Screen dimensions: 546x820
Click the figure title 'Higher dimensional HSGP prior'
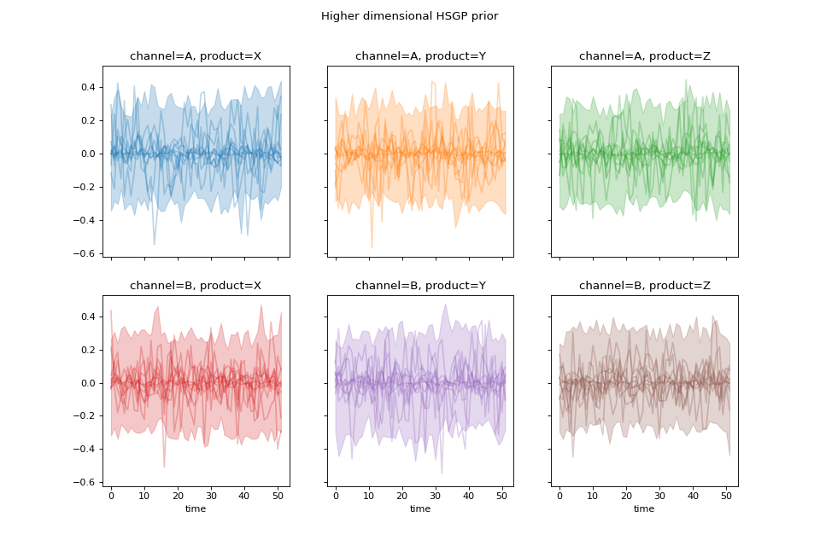409,16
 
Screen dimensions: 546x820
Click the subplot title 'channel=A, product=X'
196,57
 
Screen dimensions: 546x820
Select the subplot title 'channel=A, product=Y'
420,57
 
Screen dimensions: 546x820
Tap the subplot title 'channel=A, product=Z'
644,57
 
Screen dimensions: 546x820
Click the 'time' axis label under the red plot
196,509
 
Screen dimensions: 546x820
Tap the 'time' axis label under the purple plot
420,509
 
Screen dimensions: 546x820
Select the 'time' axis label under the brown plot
644,509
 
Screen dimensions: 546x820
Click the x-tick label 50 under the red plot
278,496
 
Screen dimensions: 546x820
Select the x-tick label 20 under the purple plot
402,496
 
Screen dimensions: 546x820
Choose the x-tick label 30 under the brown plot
659,496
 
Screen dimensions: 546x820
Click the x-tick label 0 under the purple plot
336,496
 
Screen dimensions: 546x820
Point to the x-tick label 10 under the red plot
144,496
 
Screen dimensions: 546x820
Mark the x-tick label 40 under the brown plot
693,496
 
